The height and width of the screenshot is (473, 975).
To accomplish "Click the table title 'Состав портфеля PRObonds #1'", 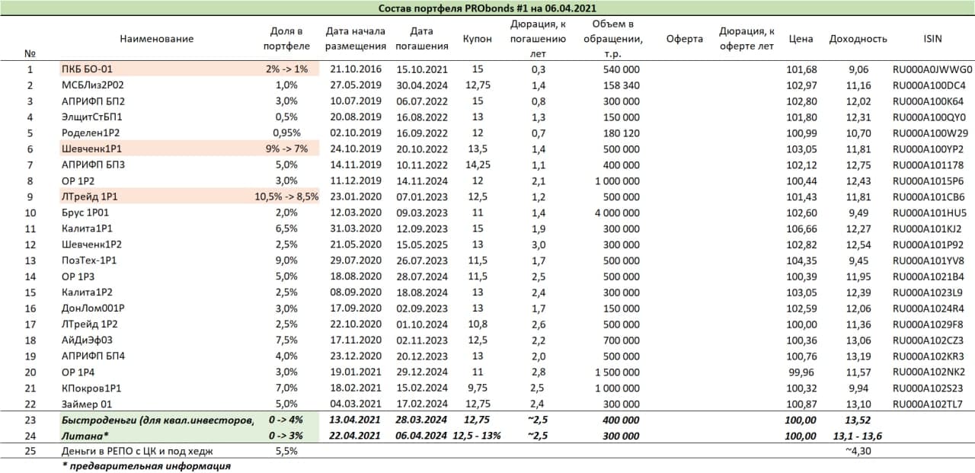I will (x=487, y=8).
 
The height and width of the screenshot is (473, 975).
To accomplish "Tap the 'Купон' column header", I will (x=477, y=39).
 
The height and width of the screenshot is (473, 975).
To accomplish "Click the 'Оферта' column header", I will (x=683, y=39).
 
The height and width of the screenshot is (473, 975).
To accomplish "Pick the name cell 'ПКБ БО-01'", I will (x=87, y=69).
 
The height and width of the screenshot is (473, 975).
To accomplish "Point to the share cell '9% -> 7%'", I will (x=286, y=149).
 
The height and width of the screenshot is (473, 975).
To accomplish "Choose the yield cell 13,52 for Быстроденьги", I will (x=857, y=420).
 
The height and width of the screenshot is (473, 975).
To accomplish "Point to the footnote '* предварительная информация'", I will (x=146, y=466).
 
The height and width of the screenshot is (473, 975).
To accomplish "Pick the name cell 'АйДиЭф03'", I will (x=86, y=340).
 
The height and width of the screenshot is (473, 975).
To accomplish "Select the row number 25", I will (x=30, y=451).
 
